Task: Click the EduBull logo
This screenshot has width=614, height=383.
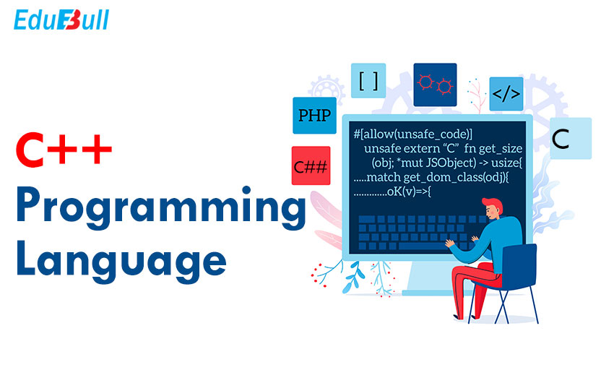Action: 61,20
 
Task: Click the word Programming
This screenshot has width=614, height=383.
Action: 161,208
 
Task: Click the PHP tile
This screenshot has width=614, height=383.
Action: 314,116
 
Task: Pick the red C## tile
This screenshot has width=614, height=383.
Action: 311,165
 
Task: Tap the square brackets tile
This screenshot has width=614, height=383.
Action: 368,81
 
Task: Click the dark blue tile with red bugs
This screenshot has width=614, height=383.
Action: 435,85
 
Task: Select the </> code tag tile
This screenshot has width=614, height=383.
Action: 506,94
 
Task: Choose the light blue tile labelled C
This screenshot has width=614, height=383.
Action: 571,138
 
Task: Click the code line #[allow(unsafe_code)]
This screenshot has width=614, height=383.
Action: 413,134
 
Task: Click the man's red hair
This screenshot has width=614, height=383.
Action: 494,204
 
